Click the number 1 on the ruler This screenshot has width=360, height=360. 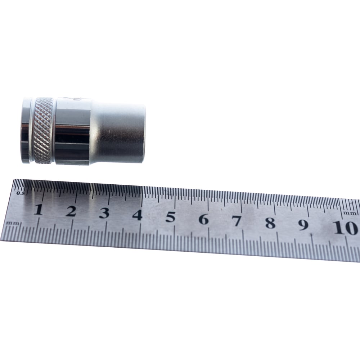[39, 210]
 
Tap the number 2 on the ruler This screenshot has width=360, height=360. [71, 211]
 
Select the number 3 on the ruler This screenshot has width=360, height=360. [104, 213]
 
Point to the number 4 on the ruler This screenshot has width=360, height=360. [137, 215]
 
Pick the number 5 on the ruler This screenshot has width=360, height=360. [171, 217]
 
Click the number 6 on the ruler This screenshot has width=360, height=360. [204, 219]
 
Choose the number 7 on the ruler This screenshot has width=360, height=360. [237, 221]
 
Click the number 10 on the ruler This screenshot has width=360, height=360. [346, 228]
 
